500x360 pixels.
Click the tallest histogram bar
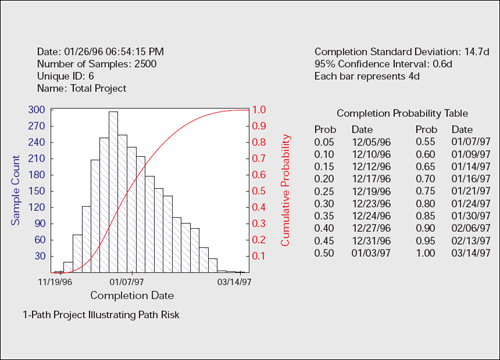point(113,190)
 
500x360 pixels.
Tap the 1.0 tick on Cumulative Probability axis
point(259,110)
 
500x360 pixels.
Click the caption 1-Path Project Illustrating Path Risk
point(112,315)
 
